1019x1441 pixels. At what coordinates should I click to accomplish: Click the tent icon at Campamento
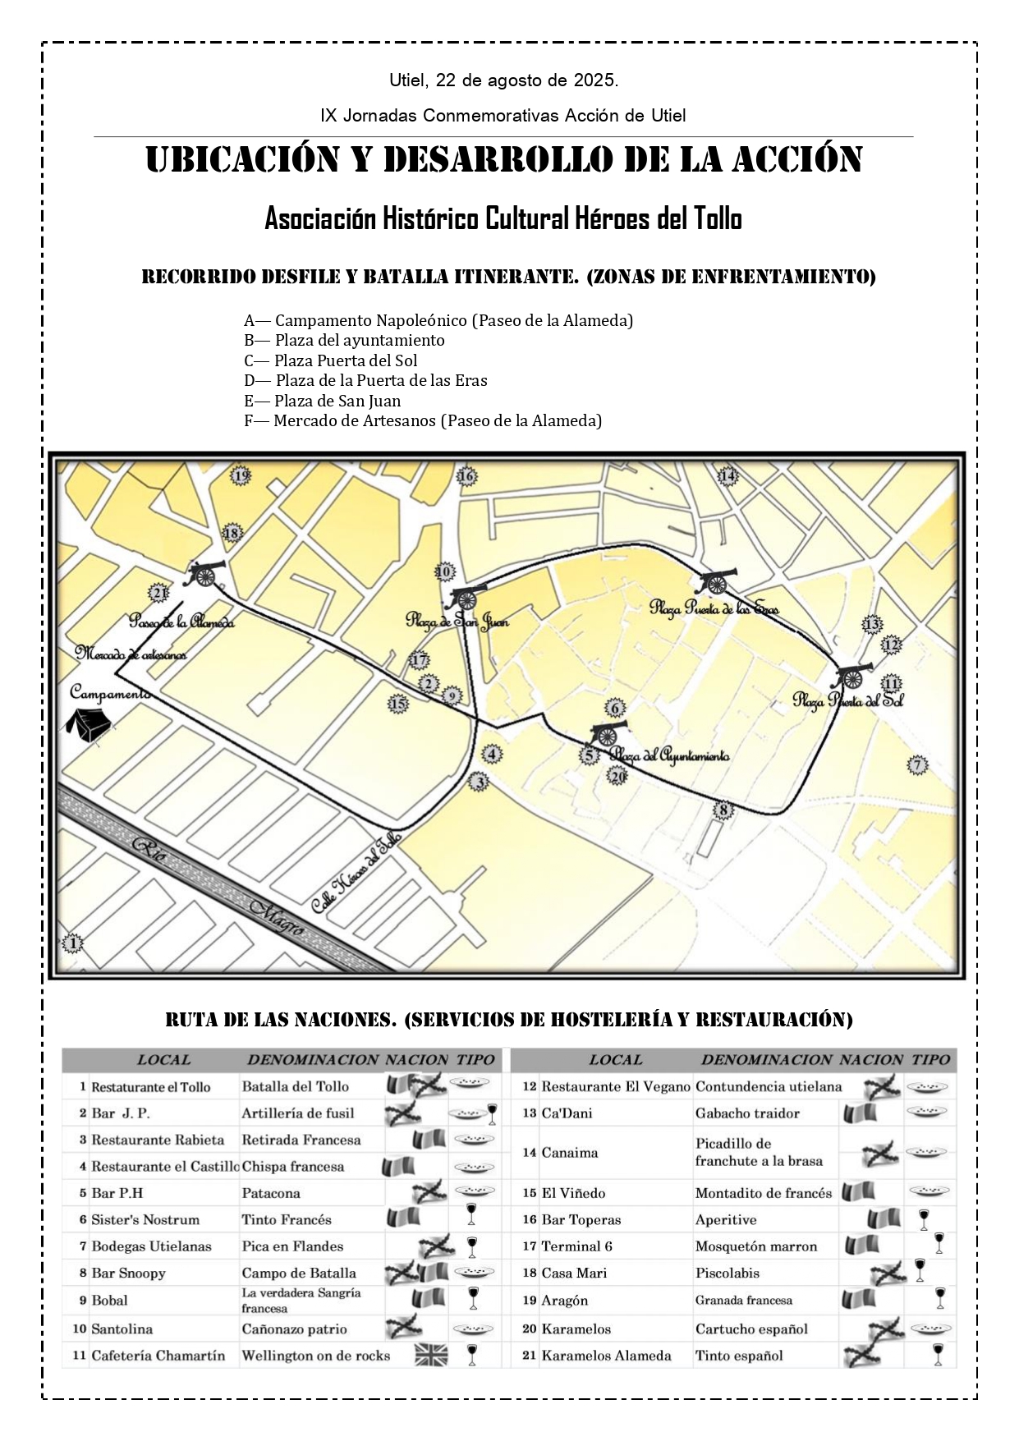pos(88,725)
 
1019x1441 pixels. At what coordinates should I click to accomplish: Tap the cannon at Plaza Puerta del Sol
pos(851,677)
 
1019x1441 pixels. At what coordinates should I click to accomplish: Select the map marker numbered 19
pos(240,476)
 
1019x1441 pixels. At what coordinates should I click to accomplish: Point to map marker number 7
pos(917,765)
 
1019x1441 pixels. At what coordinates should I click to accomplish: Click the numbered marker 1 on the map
pos(73,943)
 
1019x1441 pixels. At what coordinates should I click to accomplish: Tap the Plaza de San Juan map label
pos(457,621)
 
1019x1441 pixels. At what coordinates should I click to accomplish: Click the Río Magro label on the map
pos(220,890)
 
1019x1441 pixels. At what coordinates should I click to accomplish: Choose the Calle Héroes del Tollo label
pos(356,874)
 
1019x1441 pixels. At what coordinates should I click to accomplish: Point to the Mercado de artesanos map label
pos(131,654)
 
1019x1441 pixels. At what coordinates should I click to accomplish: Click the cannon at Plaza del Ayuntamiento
pos(608,732)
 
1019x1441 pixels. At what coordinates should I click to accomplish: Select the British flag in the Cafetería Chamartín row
pos(430,1355)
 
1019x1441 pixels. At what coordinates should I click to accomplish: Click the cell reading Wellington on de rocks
pos(315,1355)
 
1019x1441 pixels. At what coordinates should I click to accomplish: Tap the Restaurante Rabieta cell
pos(158,1140)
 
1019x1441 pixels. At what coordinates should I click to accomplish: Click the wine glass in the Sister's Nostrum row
pos(471,1215)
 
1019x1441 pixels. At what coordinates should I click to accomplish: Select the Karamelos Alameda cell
pos(606,1356)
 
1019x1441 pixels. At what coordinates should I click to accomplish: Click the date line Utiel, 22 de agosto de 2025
pos(503,80)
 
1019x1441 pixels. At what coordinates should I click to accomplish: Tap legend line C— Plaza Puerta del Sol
pos(331,360)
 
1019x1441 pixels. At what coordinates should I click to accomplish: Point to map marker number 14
pos(728,475)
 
